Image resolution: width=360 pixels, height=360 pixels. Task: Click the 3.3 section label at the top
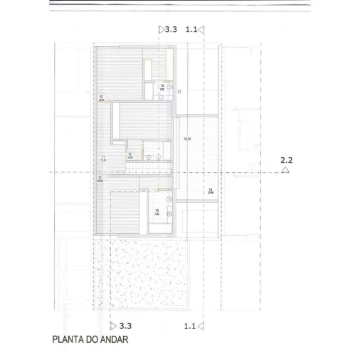point(171,30)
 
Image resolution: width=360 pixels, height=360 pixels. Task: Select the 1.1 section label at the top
point(191,30)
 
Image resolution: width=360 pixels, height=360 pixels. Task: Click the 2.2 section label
point(286,160)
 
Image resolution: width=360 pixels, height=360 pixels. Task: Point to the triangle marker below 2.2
point(285,171)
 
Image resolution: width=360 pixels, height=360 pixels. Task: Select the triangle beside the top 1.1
point(202,30)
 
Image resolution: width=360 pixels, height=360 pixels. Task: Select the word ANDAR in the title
point(114,339)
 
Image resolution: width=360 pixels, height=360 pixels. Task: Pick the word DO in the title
point(92,339)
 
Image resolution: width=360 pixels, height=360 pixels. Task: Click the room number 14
point(211,189)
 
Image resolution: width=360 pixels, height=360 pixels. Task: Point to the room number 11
point(104,157)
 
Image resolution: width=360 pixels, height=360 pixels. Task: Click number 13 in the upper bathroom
point(162,85)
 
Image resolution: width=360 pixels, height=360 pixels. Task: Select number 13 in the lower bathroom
point(156,211)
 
